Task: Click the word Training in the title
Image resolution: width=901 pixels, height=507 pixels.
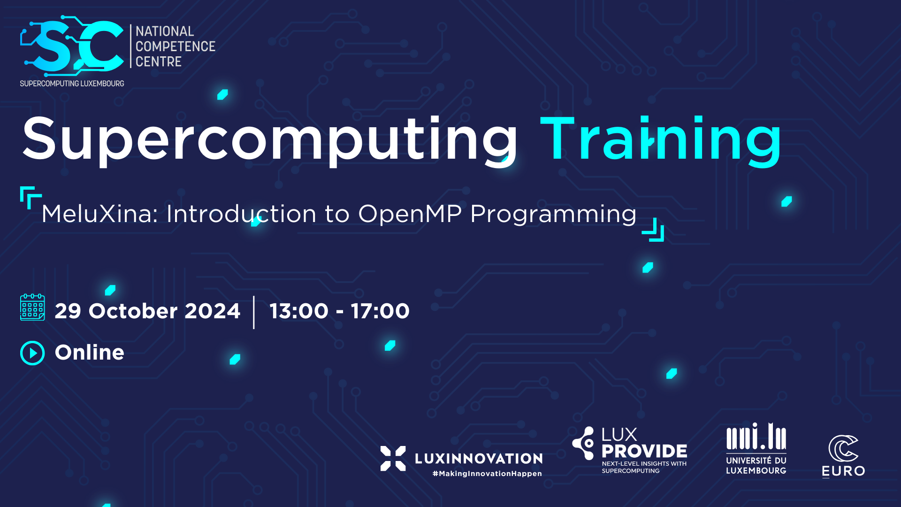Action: [661, 140]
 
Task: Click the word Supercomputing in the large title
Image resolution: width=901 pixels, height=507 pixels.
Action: [270, 140]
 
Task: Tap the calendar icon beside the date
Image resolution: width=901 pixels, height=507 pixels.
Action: [32, 307]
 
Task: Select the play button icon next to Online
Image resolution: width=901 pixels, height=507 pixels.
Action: [32, 353]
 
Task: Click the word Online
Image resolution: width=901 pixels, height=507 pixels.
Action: [89, 353]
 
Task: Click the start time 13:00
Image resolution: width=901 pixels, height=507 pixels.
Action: [299, 311]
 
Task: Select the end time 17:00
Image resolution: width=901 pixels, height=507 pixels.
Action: [380, 311]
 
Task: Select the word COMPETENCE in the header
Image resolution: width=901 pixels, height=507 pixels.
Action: [175, 46]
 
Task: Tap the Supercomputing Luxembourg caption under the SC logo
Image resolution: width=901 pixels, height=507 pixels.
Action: [72, 84]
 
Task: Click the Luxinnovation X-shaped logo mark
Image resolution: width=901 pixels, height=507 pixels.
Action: [393, 458]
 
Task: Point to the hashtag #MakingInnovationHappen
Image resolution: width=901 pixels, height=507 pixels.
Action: [487, 474]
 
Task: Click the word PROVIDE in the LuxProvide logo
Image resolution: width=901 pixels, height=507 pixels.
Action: [644, 452]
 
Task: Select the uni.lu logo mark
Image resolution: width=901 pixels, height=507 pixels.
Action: [756, 437]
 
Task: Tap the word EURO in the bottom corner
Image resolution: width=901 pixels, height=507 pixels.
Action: [843, 471]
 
